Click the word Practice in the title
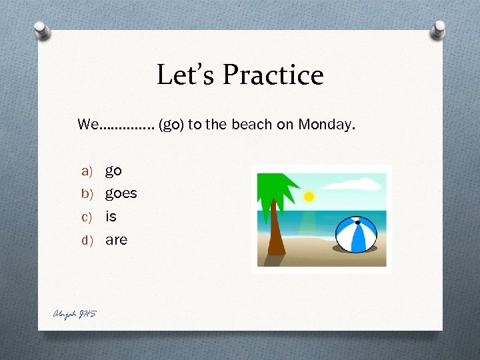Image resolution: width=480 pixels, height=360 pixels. point(273,75)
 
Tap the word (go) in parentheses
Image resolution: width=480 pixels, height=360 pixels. point(171,125)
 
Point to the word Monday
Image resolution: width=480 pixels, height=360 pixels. point(327,125)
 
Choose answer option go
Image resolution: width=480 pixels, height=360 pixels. point(113,171)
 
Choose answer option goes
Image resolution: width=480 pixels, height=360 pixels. point(121,193)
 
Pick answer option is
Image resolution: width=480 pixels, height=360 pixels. point(111,216)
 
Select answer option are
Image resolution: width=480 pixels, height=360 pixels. point(116,239)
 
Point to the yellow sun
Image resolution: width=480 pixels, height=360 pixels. point(309,197)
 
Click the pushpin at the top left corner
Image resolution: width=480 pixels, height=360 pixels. point(41,31)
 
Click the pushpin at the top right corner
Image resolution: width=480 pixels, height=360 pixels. point(439,30)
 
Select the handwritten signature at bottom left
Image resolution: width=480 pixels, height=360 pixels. point(75,314)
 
